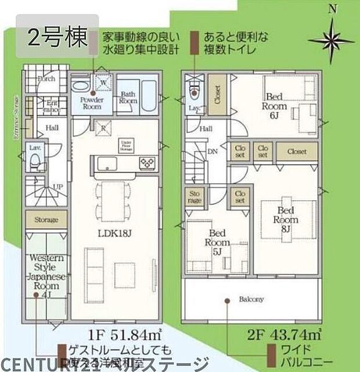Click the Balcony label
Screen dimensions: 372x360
pos(251,299)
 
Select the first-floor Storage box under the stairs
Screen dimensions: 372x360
pos(45,220)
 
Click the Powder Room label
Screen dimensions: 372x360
pos(91,103)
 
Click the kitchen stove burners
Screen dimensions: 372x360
pos(147,162)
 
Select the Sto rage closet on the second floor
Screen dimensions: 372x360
pos(195,197)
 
